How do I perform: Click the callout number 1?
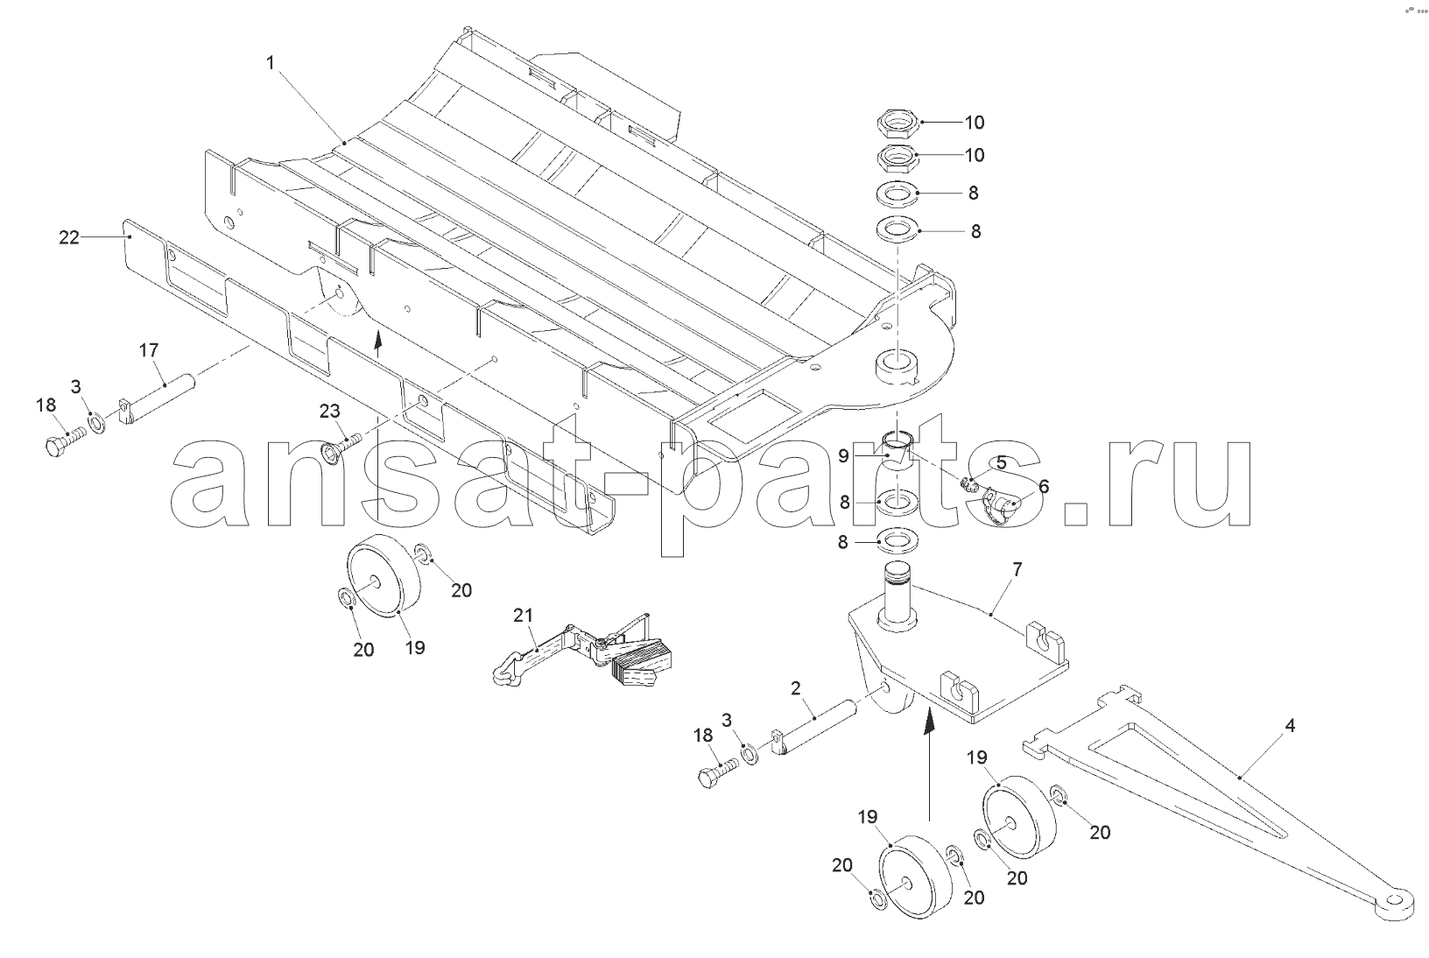[270, 62]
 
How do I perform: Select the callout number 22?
[69, 237]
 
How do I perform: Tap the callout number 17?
[149, 350]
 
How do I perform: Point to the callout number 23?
[330, 412]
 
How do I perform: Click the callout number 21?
[523, 615]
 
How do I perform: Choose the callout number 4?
[1290, 725]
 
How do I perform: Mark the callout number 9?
[843, 456]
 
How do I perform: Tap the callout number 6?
[1044, 487]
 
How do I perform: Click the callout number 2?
[796, 688]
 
